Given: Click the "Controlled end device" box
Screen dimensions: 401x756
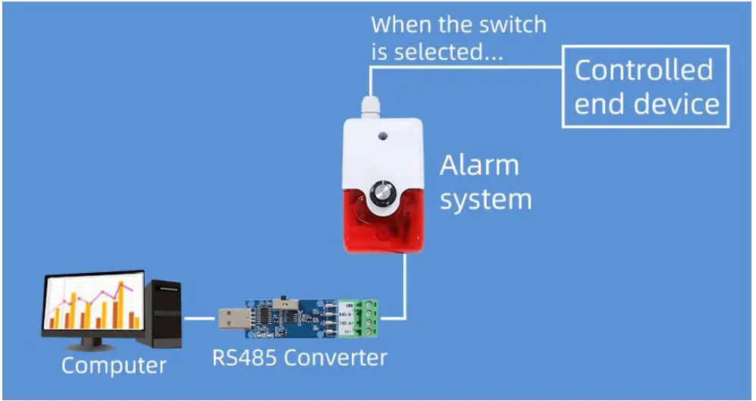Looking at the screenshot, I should point(645,86).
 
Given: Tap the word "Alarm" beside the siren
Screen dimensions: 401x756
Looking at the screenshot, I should point(479,165).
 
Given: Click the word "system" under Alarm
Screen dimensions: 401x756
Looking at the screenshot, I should point(485,200).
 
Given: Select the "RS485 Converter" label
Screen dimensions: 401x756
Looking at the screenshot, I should point(300,357).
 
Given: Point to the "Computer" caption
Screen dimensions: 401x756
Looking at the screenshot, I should point(114,365).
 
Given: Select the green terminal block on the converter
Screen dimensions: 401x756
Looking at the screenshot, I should point(368,318).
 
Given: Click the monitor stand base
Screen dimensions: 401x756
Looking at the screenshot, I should point(90,346).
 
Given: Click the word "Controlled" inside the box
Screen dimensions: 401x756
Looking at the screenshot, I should point(644,70).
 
